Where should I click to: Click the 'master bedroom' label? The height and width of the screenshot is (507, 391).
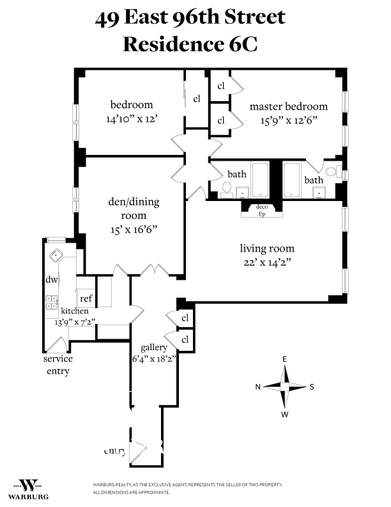tap(288, 106)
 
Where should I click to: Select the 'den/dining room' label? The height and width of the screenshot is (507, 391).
tap(133, 209)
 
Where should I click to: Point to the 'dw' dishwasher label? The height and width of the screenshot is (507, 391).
tap(51, 280)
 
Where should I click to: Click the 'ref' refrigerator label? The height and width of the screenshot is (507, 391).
tap(85, 298)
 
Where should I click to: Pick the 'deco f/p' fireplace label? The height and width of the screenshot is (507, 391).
tap(261, 211)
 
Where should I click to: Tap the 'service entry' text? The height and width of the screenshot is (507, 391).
tap(57, 365)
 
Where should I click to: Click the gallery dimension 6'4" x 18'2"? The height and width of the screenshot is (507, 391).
tap(154, 358)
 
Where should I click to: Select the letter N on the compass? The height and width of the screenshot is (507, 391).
tap(258, 387)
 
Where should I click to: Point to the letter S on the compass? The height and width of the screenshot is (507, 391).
tap(312, 387)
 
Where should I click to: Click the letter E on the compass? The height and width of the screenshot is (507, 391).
tap(285, 360)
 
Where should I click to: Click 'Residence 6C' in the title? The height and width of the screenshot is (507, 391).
tap(190, 45)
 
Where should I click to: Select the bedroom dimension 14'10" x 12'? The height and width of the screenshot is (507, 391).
tap(132, 118)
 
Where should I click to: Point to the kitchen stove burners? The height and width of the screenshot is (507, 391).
tap(50, 302)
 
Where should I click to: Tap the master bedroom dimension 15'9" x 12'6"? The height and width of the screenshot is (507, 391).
tap(289, 119)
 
